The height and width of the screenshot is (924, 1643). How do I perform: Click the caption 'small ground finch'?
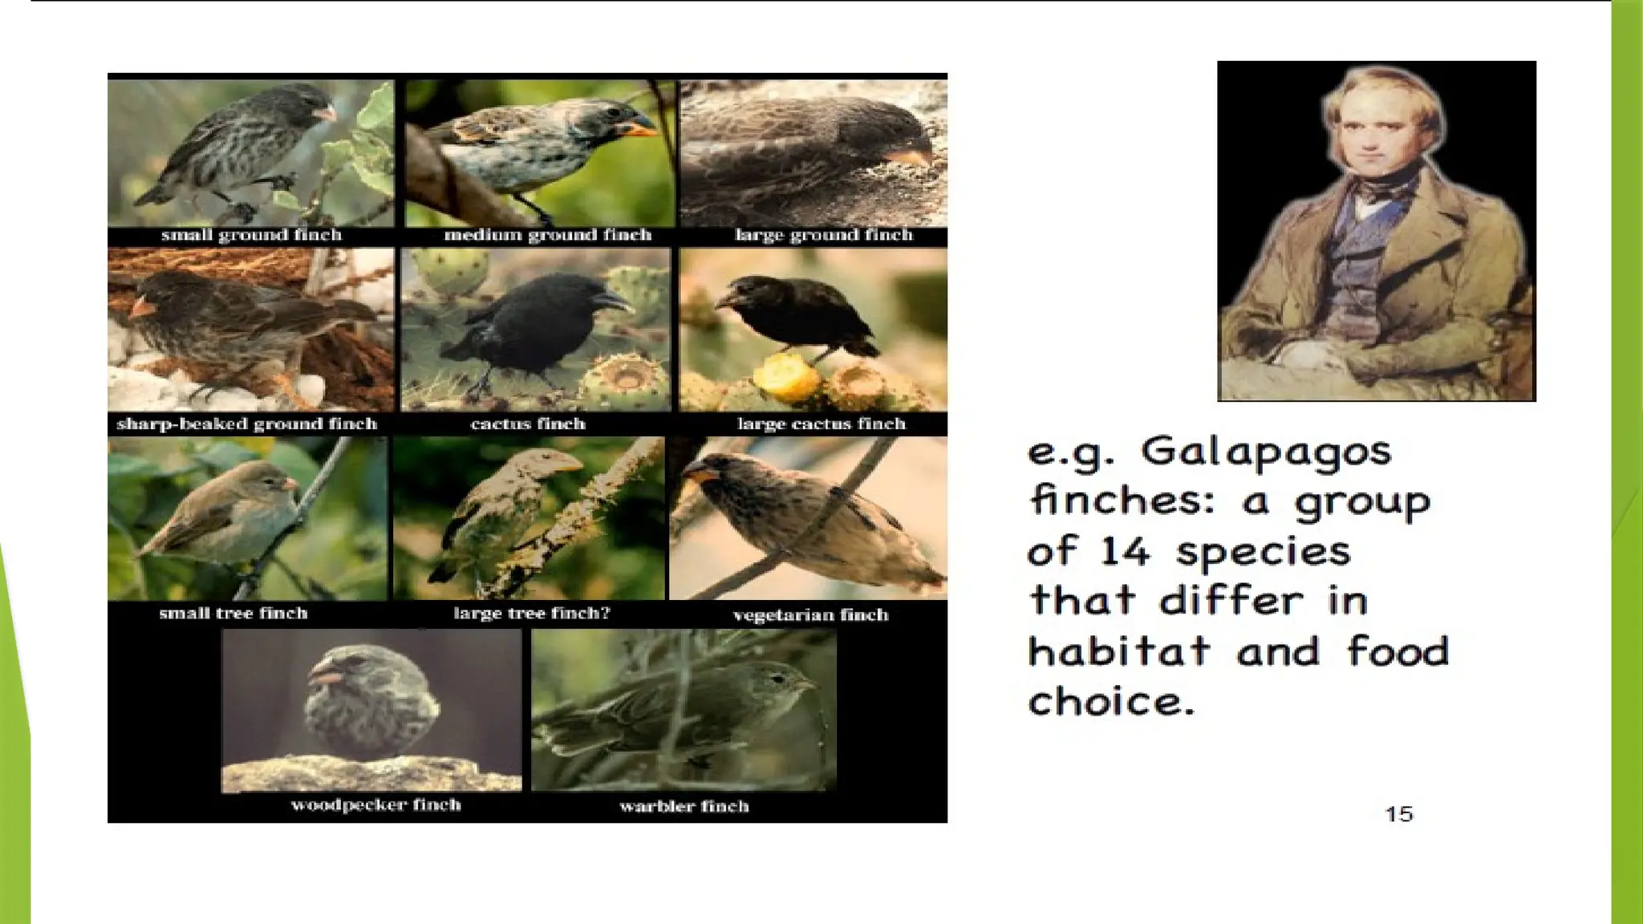pos(251,235)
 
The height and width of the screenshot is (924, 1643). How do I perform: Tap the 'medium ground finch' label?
pos(547,235)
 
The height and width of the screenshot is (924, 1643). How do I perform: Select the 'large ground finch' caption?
pos(823,235)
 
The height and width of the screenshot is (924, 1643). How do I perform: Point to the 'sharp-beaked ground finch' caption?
pos(246,423)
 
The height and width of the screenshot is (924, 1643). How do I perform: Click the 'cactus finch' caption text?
pos(527,423)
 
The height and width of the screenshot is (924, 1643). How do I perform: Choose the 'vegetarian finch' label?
pos(810,615)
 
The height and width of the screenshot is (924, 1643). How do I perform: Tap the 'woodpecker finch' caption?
pos(375,804)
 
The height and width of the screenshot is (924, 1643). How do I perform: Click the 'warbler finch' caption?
pos(684,806)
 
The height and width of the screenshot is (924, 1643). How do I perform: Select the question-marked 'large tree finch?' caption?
pos(531,614)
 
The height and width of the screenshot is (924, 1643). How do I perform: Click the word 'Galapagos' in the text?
pos(1265,452)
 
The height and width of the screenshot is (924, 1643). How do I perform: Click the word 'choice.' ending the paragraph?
pos(1111,702)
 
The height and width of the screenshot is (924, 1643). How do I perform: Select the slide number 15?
pos(1398,814)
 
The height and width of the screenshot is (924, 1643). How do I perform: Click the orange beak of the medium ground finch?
pos(639,126)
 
